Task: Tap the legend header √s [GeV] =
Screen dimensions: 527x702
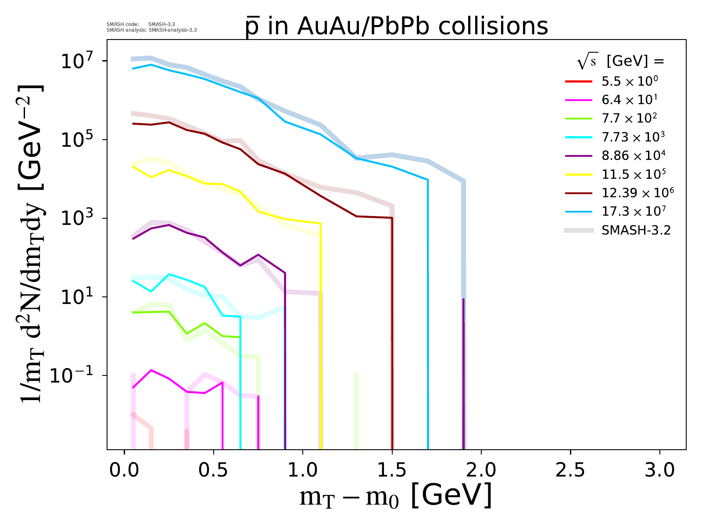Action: pyautogui.click(x=621, y=62)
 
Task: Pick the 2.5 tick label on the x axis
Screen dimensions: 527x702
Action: pyautogui.click(x=570, y=470)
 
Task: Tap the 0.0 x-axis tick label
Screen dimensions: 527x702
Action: pyautogui.click(x=124, y=470)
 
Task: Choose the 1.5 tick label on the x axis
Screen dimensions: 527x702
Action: pyautogui.click(x=392, y=470)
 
